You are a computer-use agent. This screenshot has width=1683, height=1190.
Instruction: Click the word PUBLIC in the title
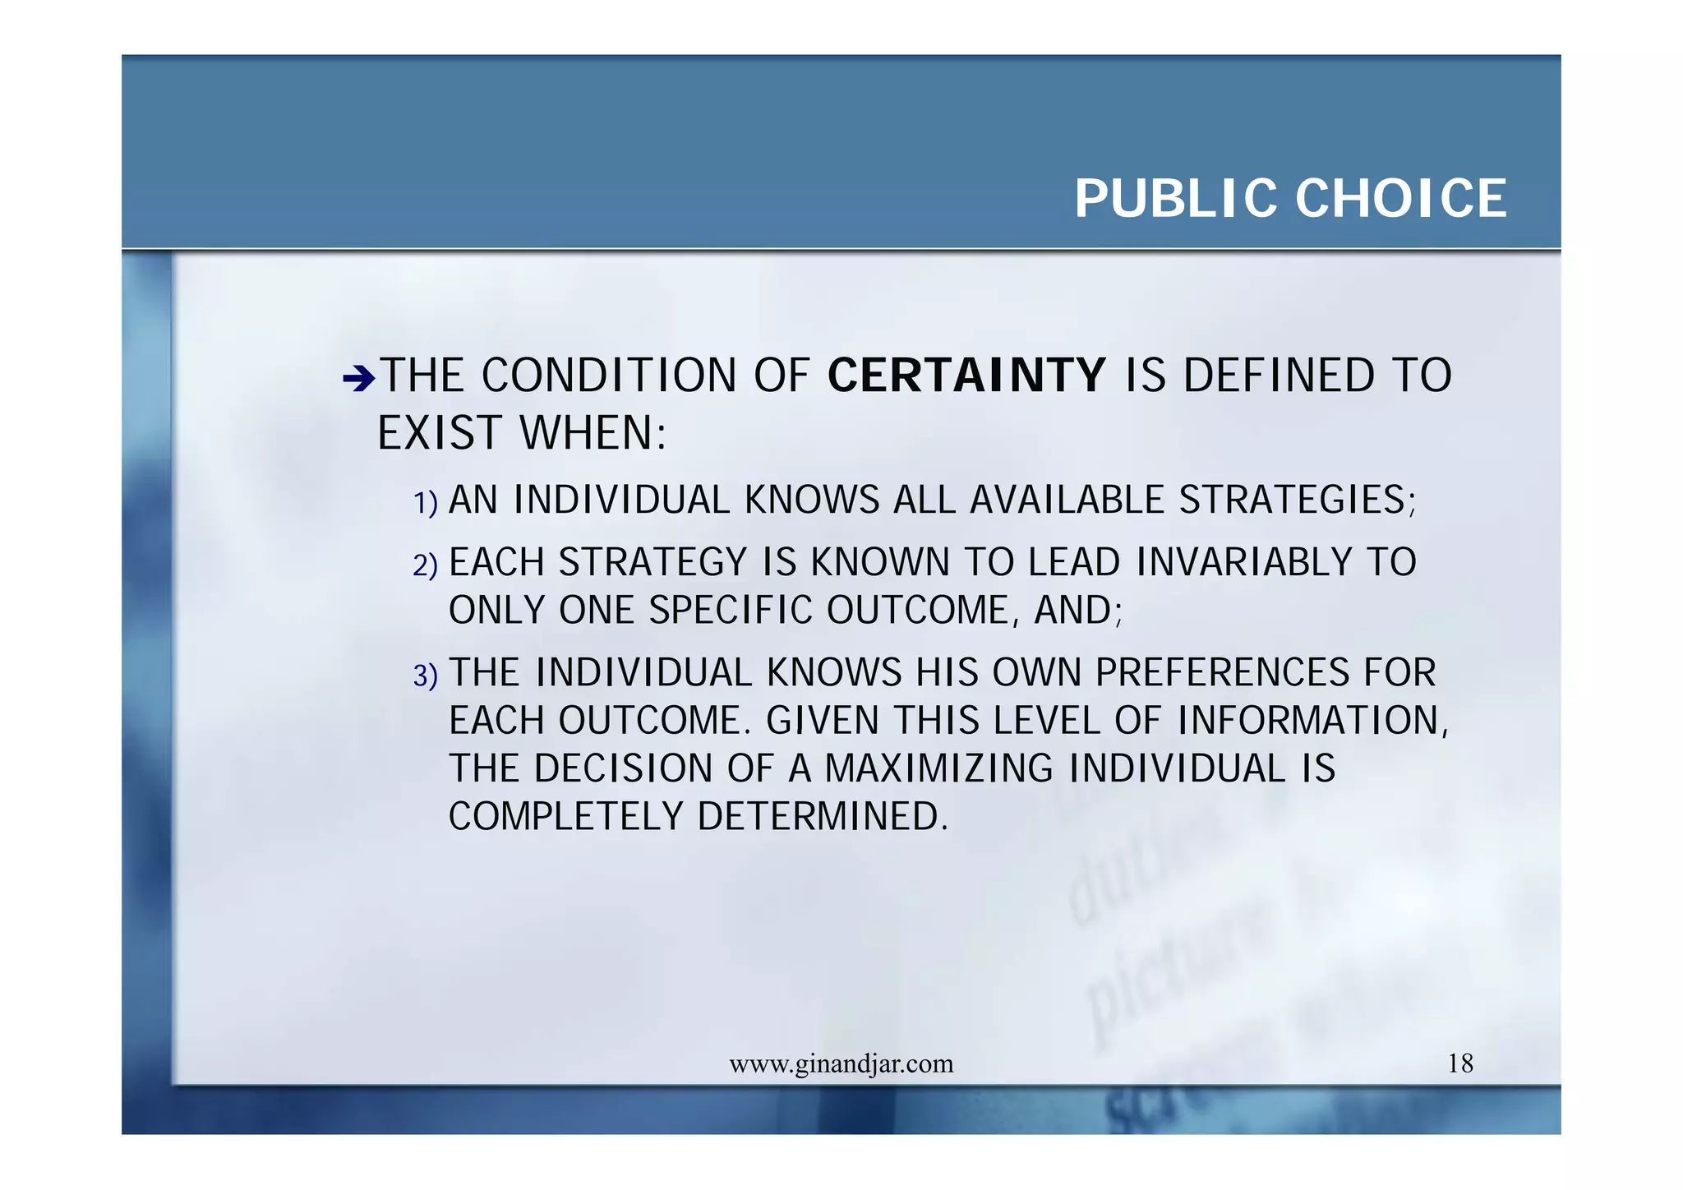pyautogui.click(x=1177, y=199)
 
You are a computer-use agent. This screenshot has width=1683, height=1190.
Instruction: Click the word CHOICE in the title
pyautogui.click(x=1401, y=199)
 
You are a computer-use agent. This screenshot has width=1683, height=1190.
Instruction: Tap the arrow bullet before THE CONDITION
pyautogui.click(x=358, y=379)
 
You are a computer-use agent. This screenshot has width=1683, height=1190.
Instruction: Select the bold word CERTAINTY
pyautogui.click(x=966, y=376)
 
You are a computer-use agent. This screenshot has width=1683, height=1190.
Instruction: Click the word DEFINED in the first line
pyautogui.click(x=1278, y=376)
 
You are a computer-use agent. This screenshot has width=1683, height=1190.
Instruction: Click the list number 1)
pyautogui.click(x=425, y=503)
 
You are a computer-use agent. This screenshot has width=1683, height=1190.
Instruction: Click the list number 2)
pyautogui.click(x=425, y=565)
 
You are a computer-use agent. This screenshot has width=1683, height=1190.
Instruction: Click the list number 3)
pyautogui.click(x=425, y=676)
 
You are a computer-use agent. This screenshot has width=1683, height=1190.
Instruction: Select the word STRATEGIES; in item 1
pyautogui.click(x=1298, y=500)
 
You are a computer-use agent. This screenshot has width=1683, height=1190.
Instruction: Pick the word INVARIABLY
pyautogui.click(x=1244, y=563)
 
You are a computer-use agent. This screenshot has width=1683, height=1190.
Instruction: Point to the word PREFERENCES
pyautogui.click(x=1222, y=673)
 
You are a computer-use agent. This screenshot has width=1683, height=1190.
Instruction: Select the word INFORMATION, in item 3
pyautogui.click(x=1312, y=722)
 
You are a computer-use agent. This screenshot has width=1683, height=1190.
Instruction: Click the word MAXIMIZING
pyautogui.click(x=938, y=769)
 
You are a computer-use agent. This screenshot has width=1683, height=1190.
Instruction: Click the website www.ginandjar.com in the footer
pyautogui.click(x=841, y=1064)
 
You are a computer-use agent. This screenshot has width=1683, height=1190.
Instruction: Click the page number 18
pyautogui.click(x=1460, y=1064)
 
